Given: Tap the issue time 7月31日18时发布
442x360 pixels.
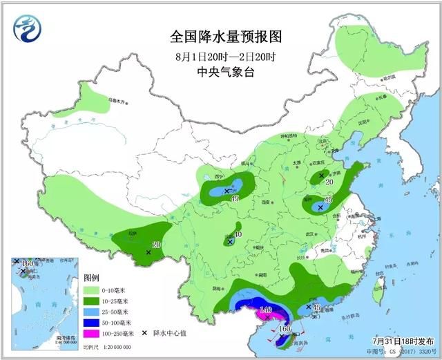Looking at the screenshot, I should click(398, 341).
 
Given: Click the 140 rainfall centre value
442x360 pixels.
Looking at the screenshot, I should click(265, 309).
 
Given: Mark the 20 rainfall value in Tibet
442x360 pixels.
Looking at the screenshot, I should click(156, 245).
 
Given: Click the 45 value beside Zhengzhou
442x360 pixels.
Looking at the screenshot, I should click(329, 200).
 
